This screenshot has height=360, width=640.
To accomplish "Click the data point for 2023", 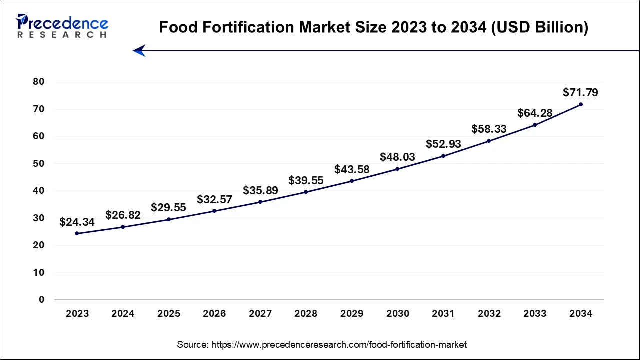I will pos(77,233).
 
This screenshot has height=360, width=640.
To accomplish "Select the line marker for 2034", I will pos(580,104).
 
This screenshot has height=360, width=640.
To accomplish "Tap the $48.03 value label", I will pos(397,157).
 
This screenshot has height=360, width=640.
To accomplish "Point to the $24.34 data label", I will pos(77,222).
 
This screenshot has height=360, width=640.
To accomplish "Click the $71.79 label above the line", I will pos(580,92).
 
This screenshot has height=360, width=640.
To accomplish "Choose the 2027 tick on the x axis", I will pos(260,314).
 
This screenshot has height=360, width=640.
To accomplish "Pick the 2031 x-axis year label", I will pos(443,314).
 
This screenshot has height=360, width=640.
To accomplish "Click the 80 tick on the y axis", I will pos(38,82).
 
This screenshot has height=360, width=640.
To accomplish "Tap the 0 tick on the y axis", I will pos(42,300).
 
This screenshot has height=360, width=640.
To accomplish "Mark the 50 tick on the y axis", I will pos(38,164).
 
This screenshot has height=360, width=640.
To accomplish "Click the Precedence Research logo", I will pos(62,26).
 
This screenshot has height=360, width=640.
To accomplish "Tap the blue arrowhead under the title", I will pos(139,51).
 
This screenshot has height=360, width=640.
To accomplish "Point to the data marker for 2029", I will pos(352,181).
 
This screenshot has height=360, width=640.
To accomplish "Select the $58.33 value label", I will pos(489,129).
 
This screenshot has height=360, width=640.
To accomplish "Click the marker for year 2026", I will pos(214,211).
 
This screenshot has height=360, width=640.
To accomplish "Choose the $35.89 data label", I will pos(260,190).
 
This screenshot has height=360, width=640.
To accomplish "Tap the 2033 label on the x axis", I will pos(535,314).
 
